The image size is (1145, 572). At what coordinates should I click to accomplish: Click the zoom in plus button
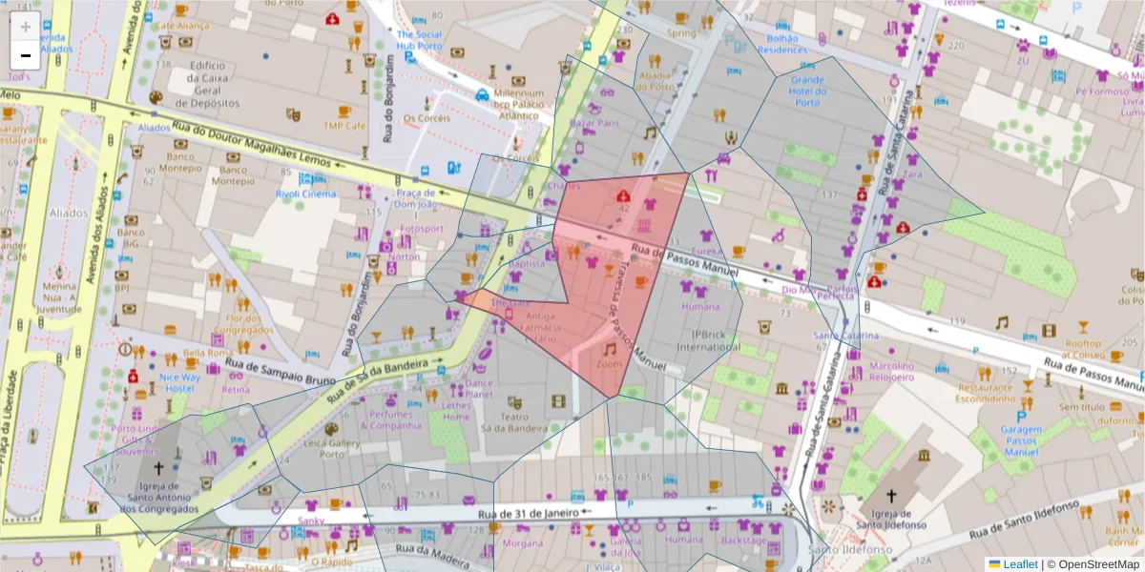[x=26, y=26]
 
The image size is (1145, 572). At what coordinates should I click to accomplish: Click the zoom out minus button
[x=26, y=55]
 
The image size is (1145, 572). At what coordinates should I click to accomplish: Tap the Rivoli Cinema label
[x=305, y=194]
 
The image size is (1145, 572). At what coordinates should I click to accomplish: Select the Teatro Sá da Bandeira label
[x=514, y=422]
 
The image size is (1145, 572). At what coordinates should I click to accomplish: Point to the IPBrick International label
[x=709, y=340]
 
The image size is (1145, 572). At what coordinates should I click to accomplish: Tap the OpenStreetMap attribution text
[x=1094, y=564]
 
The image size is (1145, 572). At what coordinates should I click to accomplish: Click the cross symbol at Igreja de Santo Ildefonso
[x=891, y=496]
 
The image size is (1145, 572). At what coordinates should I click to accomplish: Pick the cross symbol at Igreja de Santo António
[x=159, y=469]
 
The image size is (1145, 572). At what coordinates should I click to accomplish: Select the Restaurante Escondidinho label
[x=991, y=395]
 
